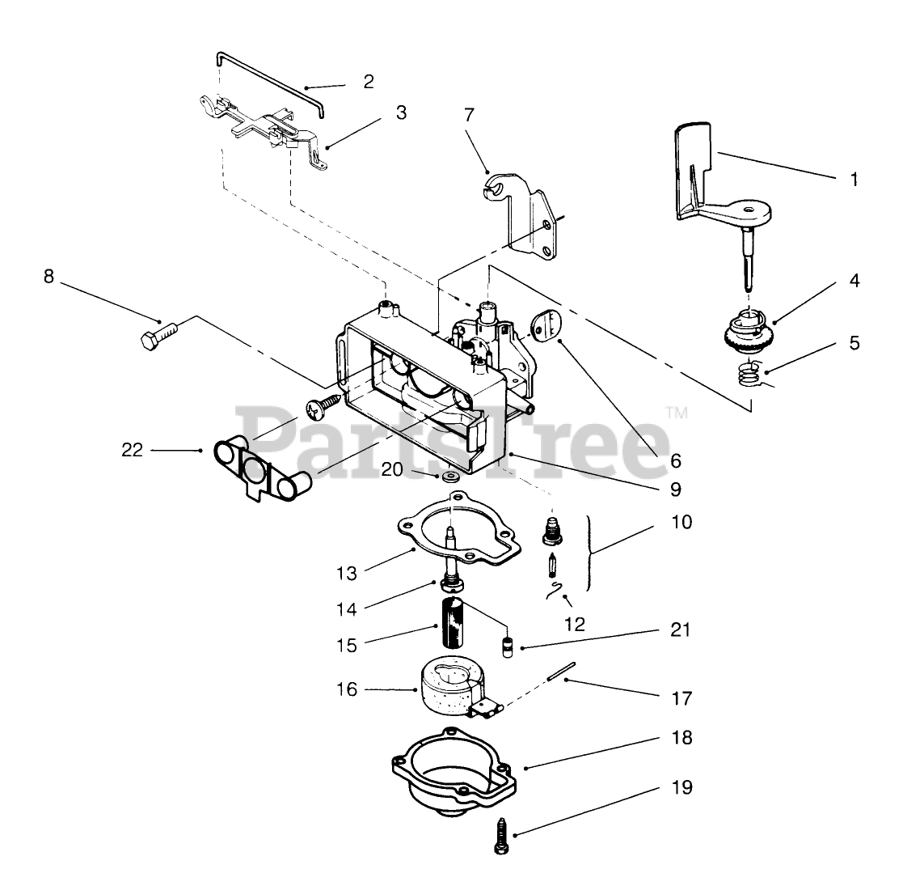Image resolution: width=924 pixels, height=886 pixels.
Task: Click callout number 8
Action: coord(49,276)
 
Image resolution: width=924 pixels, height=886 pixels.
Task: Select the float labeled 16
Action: coord(449,688)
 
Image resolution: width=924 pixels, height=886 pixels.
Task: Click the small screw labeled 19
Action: coord(499,837)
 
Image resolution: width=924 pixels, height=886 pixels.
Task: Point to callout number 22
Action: coord(132,449)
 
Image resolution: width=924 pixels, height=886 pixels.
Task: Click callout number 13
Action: coord(346,573)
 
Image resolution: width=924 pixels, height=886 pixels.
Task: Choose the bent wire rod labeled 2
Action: coord(271,81)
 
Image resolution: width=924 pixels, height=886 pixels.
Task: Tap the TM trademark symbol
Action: coord(677,413)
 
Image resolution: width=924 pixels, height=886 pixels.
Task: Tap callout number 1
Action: coord(854,180)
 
